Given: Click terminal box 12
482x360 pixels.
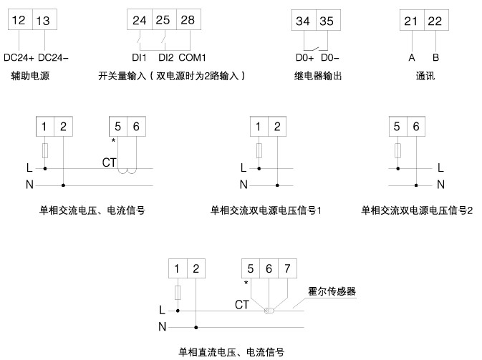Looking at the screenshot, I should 20,21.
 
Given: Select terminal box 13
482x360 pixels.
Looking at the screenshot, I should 42,21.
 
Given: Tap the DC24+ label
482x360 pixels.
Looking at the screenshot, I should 19,57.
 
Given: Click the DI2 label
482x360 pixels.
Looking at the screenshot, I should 166,57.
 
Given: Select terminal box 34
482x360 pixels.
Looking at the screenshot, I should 303,21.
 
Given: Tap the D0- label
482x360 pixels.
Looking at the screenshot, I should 330,57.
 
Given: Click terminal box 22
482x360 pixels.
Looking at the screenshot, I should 435,21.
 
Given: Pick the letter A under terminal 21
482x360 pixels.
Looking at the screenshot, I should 411,57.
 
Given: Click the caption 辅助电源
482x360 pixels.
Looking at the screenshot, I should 31,75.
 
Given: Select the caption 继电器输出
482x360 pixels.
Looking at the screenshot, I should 319,75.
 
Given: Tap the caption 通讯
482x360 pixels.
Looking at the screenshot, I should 425,75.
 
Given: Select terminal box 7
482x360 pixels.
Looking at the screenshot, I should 287,269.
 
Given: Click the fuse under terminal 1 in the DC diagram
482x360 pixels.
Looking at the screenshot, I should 178,292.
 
